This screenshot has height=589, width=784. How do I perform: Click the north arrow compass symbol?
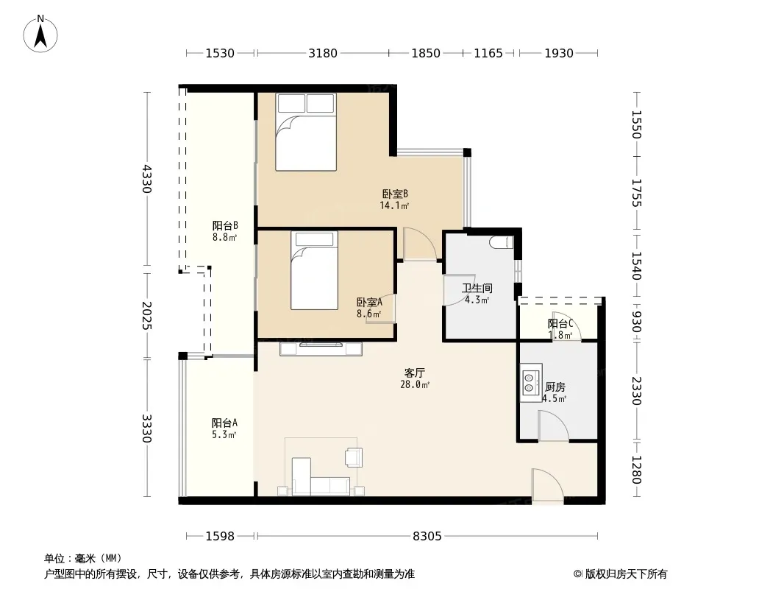coord(40,34)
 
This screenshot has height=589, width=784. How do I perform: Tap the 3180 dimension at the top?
coord(323,53)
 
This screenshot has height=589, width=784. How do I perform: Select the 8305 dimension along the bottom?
coord(427,537)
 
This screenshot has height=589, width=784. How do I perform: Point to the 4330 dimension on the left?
coord(146,179)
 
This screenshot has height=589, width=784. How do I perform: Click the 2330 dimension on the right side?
coord(636,391)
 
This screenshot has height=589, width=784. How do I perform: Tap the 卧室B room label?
coord(395,194)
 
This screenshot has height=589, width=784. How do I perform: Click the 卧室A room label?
coord(369,303)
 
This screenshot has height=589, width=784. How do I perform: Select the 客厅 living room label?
coord(415,373)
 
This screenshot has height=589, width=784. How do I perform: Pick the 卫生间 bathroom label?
coord(477,289)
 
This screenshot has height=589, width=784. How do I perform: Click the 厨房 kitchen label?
coord(555,387)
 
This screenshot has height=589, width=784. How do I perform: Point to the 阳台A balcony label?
coord(224,423)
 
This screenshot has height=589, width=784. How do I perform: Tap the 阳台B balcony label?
coord(225,226)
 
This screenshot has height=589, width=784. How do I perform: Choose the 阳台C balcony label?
coord(560,324)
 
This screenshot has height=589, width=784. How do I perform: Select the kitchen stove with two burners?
coord(530,382)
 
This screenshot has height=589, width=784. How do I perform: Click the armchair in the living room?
coord(354,457)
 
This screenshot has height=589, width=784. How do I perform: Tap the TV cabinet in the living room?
coord(321,349)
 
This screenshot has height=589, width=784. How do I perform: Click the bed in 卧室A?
coord(314,271)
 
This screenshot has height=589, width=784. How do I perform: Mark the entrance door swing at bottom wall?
coord(547,484)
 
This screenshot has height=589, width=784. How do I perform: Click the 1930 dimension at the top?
coord(558,53)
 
